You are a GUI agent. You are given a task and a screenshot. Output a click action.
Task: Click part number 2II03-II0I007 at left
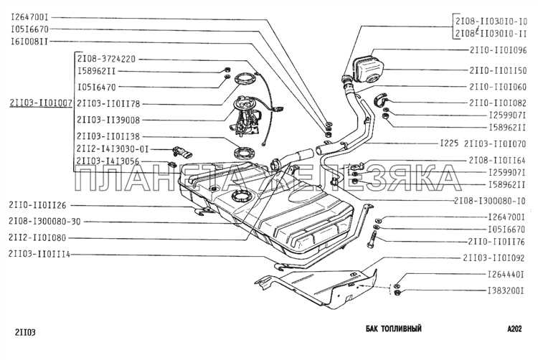(x=41, y=103)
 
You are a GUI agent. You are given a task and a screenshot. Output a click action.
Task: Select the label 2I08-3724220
(x=106, y=59)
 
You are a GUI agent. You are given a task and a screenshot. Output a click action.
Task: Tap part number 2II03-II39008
(x=108, y=120)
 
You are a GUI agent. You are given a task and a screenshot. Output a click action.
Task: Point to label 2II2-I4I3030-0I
(x=113, y=149)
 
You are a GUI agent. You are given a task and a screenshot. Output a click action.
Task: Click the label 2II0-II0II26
(x=37, y=205)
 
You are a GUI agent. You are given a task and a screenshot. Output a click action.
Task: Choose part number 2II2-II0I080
(x=37, y=238)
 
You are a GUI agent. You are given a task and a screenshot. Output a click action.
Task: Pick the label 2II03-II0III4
(x=39, y=255)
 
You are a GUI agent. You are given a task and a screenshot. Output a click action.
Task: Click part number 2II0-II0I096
(x=498, y=50)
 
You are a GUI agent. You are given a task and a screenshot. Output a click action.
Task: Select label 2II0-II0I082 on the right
(x=498, y=103)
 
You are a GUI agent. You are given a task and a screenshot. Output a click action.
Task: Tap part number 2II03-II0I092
(x=494, y=258)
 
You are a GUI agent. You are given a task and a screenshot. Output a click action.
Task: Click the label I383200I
(x=506, y=290)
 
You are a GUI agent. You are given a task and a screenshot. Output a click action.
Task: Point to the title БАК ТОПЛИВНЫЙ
(x=394, y=328)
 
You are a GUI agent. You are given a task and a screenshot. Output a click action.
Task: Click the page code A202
(x=514, y=328)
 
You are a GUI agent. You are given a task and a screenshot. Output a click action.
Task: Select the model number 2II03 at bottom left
(x=25, y=332)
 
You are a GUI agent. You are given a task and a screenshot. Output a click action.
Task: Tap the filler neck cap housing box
(x=369, y=68)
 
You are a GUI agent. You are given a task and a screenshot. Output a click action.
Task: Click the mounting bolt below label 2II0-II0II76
(x=372, y=240)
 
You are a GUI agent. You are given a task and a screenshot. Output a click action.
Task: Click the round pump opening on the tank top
(x=242, y=196)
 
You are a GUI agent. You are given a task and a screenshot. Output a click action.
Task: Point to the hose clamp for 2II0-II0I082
(x=380, y=100)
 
